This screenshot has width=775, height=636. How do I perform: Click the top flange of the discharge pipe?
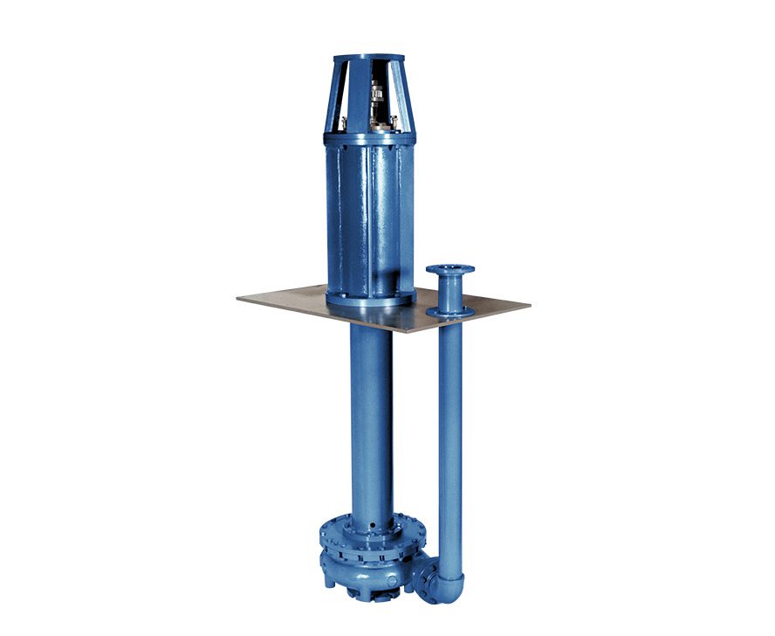449,270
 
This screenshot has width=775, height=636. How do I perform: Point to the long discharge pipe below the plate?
449,437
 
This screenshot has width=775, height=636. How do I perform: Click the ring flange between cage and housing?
370,138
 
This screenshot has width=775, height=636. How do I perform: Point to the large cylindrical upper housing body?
370,218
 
